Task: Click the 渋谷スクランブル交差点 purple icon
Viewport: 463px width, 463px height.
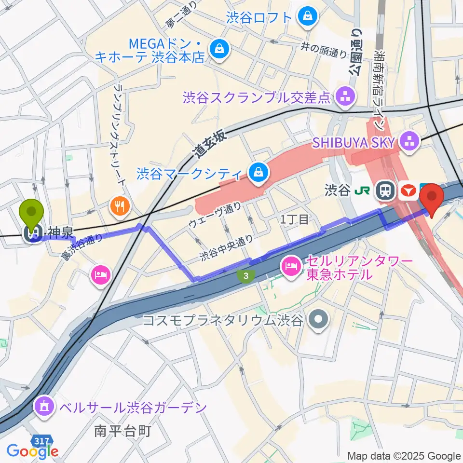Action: [x=345, y=97]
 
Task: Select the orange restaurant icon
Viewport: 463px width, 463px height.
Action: [x=118, y=206]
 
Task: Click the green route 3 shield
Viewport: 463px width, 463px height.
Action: [x=246, y=276]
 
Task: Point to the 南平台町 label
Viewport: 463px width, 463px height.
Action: [x=123, y=430]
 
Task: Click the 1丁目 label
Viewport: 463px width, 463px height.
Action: [x=295, y=219]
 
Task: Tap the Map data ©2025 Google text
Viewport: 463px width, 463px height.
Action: [x=404, y=456]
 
